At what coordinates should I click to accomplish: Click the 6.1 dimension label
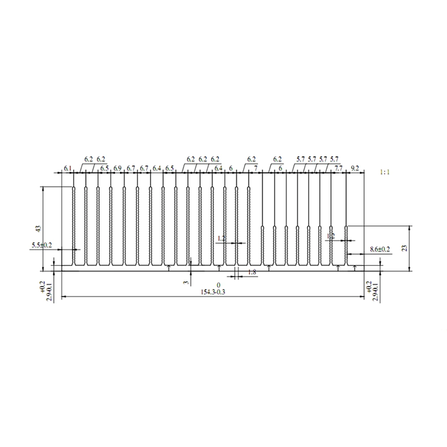[67, 168]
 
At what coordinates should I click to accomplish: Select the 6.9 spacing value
[118, 168]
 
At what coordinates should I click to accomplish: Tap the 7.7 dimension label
[338, 168]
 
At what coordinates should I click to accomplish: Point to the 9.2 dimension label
[355, 168]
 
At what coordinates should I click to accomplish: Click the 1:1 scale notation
[384, 172]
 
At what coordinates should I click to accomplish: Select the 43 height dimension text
[38, 228]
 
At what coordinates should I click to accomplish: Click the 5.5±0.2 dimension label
[42, 245]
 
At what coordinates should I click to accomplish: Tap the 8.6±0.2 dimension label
[380, 249]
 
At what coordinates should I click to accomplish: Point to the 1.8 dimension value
[252, 273]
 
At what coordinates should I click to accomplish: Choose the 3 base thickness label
[186, 283]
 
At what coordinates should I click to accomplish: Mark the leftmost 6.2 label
[89, 159]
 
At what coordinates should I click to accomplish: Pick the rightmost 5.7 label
[334, 159]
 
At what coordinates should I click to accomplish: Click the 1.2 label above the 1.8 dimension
[221, 239]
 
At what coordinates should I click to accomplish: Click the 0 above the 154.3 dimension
[219, 285]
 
